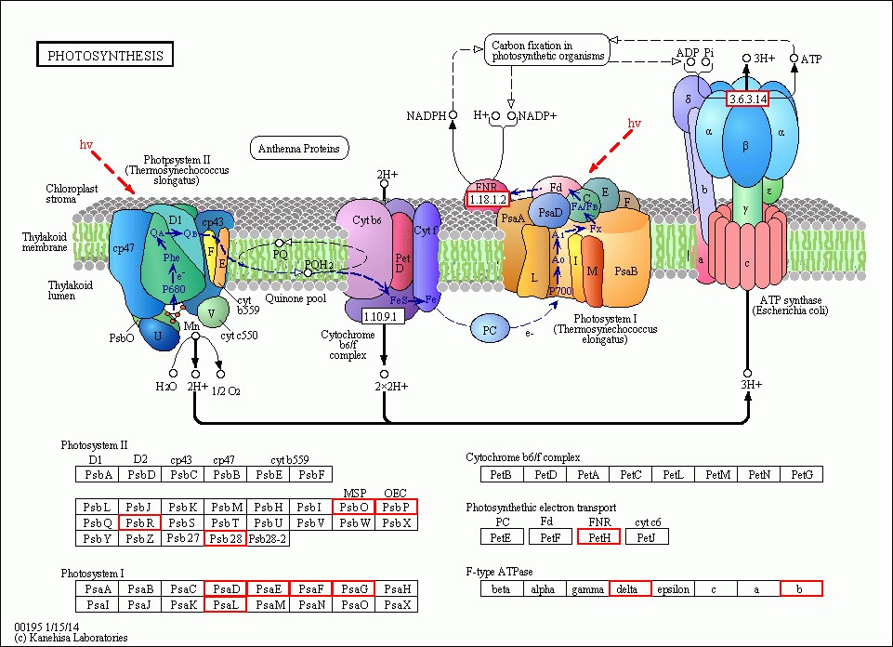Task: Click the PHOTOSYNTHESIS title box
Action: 104,55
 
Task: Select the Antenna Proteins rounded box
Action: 298,148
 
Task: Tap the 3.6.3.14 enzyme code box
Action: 747,99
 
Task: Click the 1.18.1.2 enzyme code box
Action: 487,200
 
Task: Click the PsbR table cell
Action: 140,522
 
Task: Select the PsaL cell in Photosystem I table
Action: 226,605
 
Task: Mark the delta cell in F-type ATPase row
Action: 631,588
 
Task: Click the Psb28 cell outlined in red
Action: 226,538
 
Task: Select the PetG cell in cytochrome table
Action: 801,475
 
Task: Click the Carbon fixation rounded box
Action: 546,50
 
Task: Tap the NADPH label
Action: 427,116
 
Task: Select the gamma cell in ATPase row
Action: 588,588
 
